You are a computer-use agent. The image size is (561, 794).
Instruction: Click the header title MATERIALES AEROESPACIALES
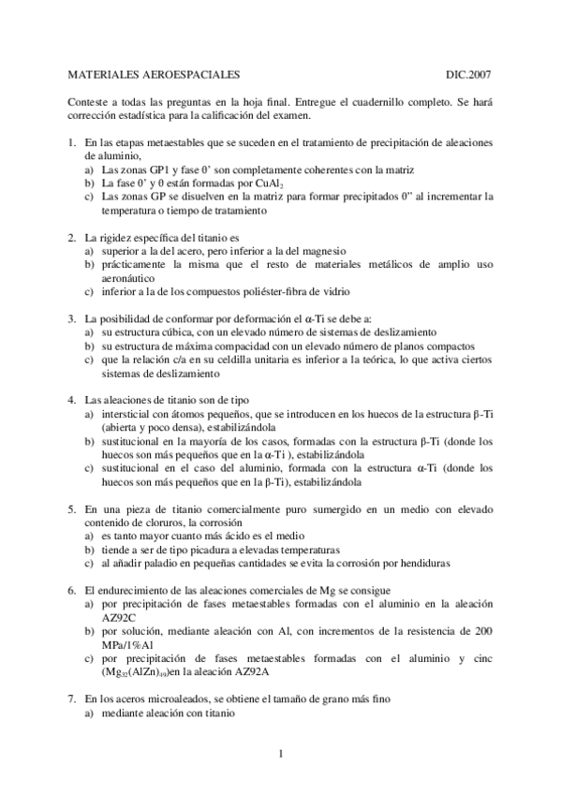click(155, 73)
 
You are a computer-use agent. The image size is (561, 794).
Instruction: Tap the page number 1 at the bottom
click(280, 751)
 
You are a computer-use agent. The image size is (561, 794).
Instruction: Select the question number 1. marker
click(73, 142)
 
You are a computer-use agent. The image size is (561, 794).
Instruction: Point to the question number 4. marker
click(73, 400)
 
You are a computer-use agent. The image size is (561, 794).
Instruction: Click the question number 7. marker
click(73, 699)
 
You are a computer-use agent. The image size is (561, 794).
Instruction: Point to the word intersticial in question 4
click(124, 414)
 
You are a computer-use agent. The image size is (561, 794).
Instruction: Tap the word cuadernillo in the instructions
click(370, 102)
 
